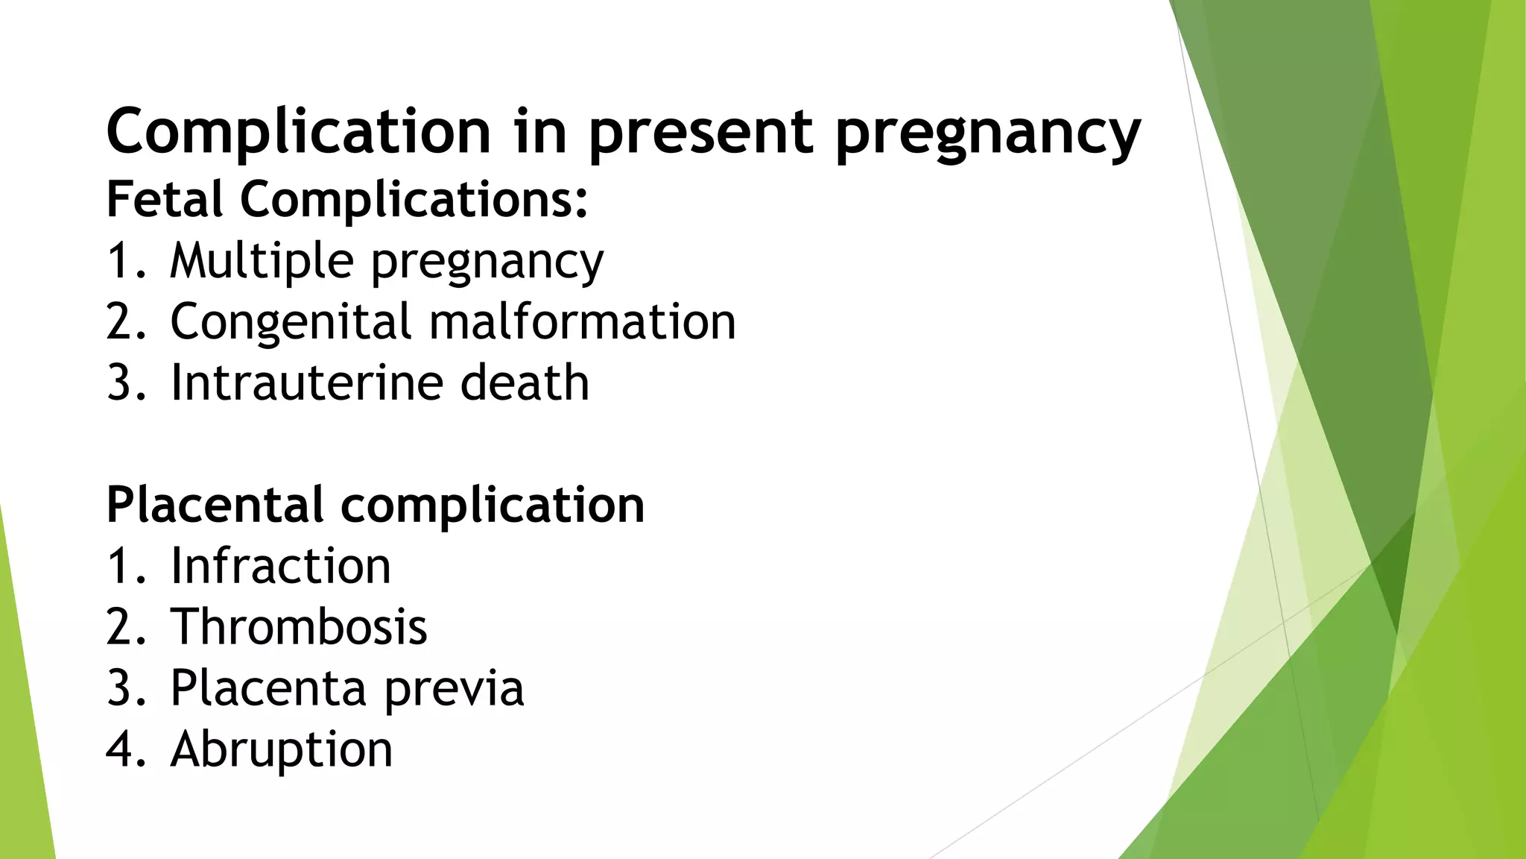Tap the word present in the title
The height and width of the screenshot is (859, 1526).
(x=700, y=133)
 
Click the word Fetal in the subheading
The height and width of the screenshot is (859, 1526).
(x=165, y=199)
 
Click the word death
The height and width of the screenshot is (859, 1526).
(x=525, y=383)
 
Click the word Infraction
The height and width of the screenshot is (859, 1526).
(x=280, y=566)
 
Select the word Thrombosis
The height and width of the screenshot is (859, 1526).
(x=299, y=626)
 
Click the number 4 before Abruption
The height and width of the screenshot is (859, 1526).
(x=120, y=749)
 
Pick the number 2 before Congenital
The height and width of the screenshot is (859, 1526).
(x=120, y=322)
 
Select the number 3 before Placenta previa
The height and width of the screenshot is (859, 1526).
(x=120, y=687)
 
